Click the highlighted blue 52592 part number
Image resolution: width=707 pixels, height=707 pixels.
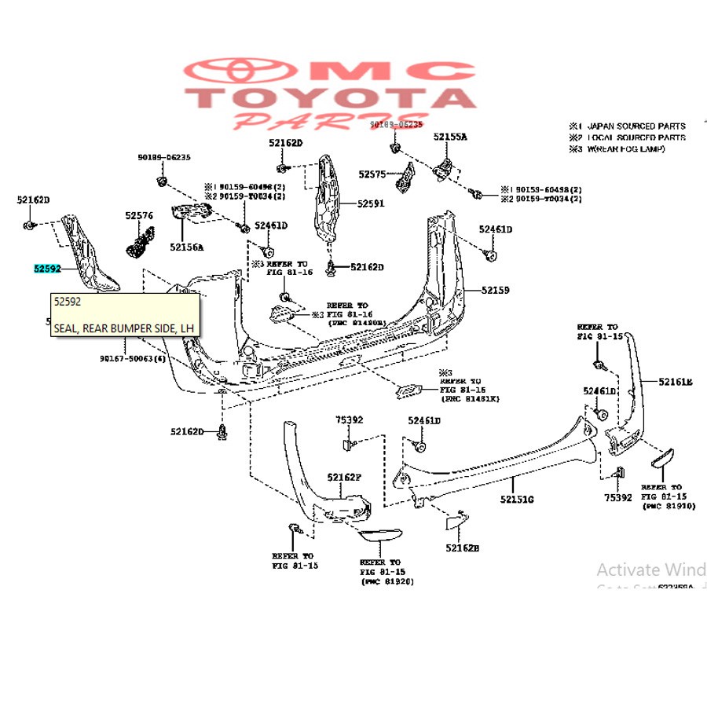[x=47, y=269]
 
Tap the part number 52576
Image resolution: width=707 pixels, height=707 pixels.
[x=138, y=214]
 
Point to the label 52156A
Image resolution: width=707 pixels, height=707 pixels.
[x=186, y=247]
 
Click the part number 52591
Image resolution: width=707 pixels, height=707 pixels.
[x=371, y=203]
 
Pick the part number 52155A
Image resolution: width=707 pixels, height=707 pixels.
[x=449, y=137]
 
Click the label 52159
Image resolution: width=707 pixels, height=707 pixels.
[x=495, y=291]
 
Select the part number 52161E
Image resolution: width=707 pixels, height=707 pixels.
[x=676, y=382]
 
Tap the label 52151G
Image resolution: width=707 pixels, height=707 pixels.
[x=518, y=499]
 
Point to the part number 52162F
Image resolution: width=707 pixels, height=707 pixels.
[x=345, y=477]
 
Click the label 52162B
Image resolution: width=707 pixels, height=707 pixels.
[x=462, y=548]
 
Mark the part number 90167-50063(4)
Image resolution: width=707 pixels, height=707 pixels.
[x=133, y=358]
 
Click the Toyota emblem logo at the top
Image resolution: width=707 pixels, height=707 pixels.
[x=225, y=73]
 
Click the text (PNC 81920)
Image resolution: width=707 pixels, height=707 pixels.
[x=387, y=581]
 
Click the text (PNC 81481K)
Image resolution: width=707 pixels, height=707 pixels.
[x=469, y=399]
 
